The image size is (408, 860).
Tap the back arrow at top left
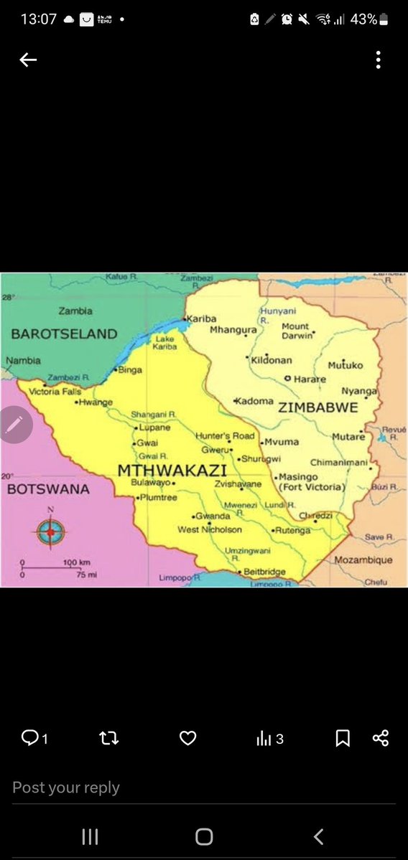pyautogui.click(x=28, y=60)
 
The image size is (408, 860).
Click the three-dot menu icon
pyautogui.click(x=379, y=60)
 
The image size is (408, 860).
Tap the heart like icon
pyautogui.click(x=187, y=738)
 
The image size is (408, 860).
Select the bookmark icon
pyautogui.click(x=343, y=738)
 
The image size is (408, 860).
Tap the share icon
pyautogui.click(x=381, y=738)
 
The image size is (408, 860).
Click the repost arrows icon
pyautogui.click(x=108, y=738)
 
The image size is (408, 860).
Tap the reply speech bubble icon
pyautogui.click(x=30, y=738)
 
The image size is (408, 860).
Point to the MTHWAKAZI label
pyautogui.click(x=171, y=471)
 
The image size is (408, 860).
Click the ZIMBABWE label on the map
pyautogui.click(x=317, y=407)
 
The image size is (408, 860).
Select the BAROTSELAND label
pyautogui.click(x=64, y=334)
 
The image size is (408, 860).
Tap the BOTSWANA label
pyautogui.click(x=48, y=489)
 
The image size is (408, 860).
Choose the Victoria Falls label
pyautogui.click(x=55, y=392)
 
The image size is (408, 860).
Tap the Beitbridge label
pyautogui.click(x=264, y=572)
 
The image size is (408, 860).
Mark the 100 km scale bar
pyautogui.click(x=50, y=567)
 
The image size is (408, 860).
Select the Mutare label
pyautogui.click(x=348, y=436)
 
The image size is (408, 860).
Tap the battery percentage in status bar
pyautogui.click(x=363, y=19)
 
